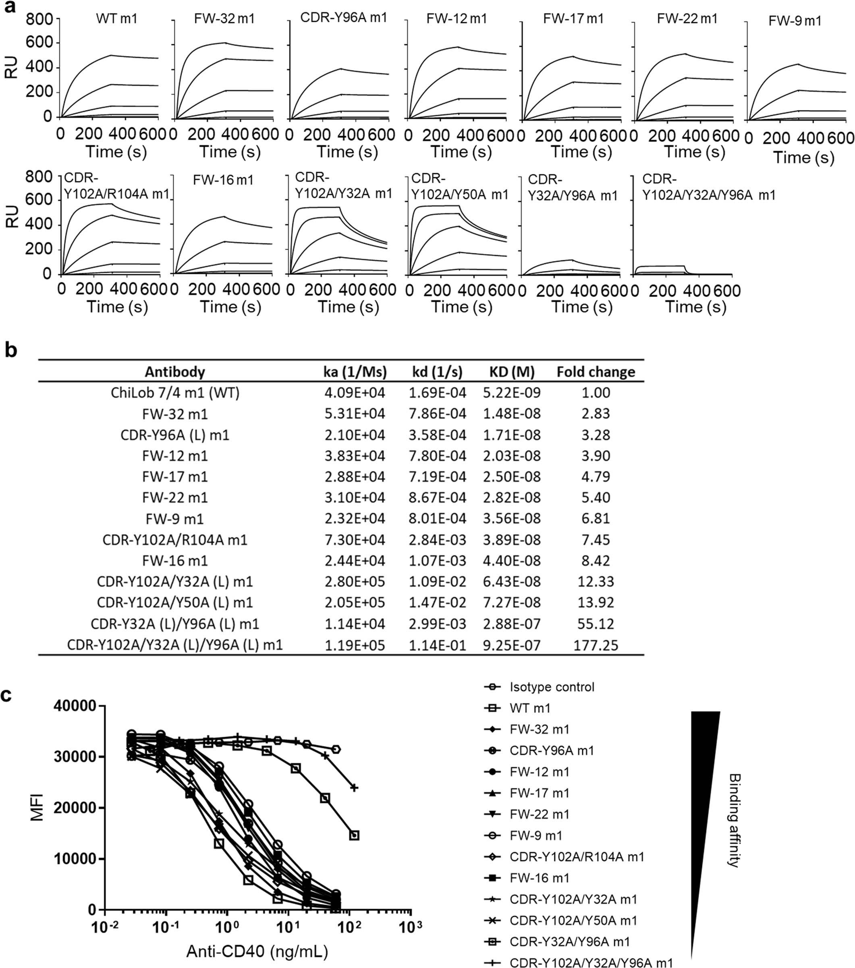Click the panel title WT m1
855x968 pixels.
pos(116,19)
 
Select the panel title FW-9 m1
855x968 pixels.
pos(795,21)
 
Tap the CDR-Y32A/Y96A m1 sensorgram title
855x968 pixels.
pos(572,188)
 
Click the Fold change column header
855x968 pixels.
pos(596,372)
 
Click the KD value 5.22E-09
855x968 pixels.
pos(512,393)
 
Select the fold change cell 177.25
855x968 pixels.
pos(596,645)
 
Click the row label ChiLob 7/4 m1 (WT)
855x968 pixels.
pos(175,393)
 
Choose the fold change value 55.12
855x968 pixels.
pos(596,624)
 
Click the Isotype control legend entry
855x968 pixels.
pos(551,687)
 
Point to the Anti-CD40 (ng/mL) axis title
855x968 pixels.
pos(257,951)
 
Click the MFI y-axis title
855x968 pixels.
pos(37,807)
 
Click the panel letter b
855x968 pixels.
pos(10,350)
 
